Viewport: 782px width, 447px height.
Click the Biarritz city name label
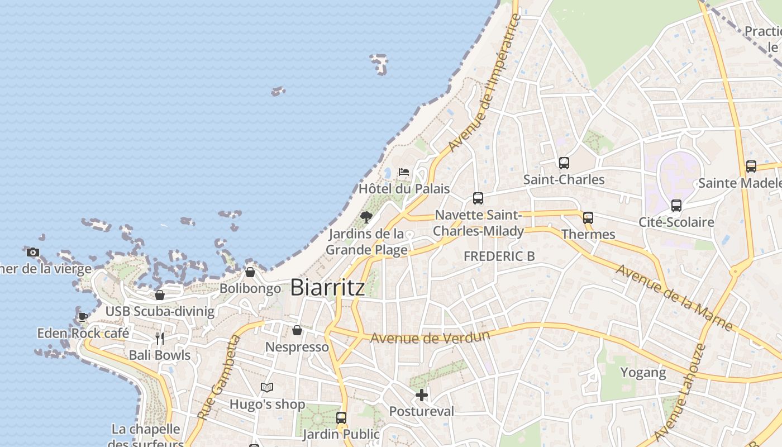tap(328, 287)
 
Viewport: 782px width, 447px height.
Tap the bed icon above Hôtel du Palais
tap(404, 172)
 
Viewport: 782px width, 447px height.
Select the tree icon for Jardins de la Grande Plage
tap(366, 217)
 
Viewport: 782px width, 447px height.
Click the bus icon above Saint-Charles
tap(564, 163)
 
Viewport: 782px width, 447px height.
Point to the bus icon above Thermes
tap(588, 218)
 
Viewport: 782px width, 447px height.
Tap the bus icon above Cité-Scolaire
tap(676, 206)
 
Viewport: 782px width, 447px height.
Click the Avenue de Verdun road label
tap(430, 337)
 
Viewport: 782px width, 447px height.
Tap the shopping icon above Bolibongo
tap(250, 272)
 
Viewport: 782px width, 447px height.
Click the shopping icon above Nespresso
tap(297, 331)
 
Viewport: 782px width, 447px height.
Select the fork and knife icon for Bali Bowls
tap(160, 338)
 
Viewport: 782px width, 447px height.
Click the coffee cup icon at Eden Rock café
tap(83, 317)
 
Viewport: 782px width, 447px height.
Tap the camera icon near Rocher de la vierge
tap(33, 252)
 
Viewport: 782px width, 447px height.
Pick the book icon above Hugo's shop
tap(267, 387)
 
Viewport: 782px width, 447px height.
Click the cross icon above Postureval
tap(422, 395)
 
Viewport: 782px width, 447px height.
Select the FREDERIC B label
tap(499, 256)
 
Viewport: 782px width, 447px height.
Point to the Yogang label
tap(643, 373)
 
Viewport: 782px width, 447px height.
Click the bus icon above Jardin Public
tap(341, 417)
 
